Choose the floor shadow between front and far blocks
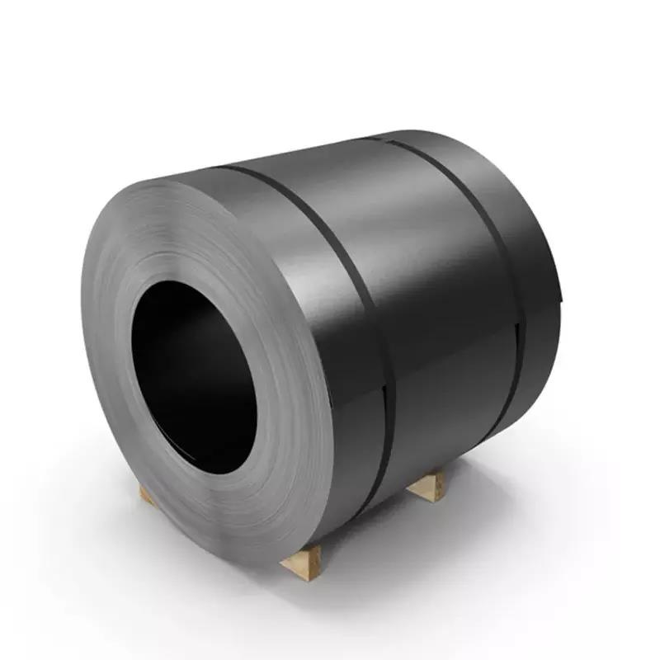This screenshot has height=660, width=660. pyautogui.click(x=371, y=528)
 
